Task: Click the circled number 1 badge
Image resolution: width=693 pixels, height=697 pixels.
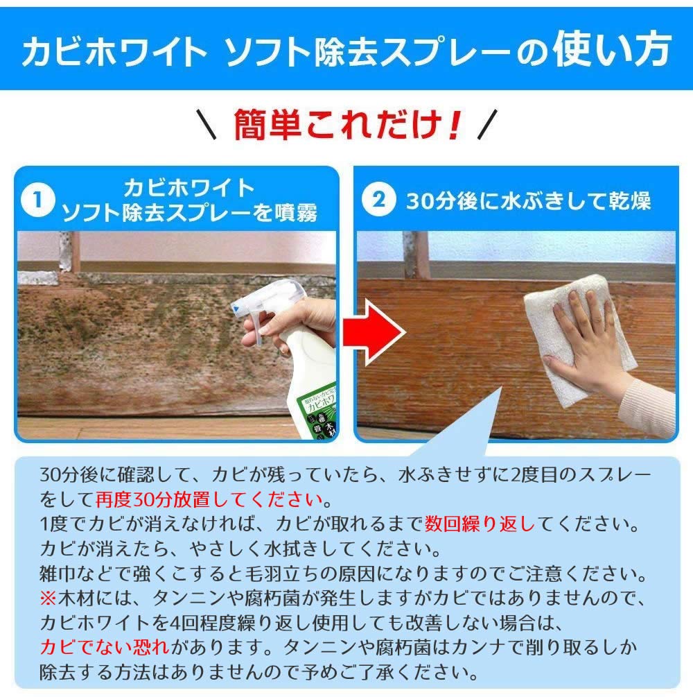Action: pyautogui.click(x=37, y=200)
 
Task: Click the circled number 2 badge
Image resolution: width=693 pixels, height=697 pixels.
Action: pyautogui.click(x=378, y=200)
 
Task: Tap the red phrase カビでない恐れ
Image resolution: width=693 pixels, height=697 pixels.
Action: pyautogui.click(x=103, y=648)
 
